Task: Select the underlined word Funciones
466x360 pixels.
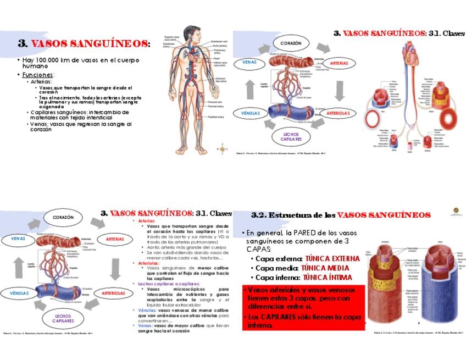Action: [x=37, y=74]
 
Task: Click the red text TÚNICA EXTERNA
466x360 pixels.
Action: [x=333, y=258]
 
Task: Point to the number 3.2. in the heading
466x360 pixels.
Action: [x=258, y=214]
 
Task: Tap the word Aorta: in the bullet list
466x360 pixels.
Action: [x=156, y=247]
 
